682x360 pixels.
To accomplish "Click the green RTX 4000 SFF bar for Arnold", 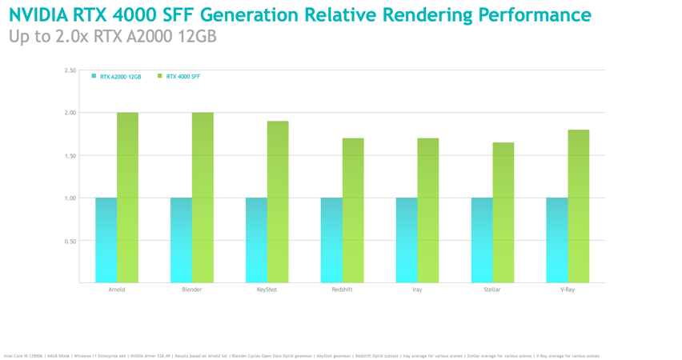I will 127,198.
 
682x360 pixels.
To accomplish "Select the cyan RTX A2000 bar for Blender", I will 181,240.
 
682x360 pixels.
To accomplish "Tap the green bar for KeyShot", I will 278,202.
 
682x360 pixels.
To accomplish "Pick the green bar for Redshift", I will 353,210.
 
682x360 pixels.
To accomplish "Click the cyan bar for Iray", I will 407,240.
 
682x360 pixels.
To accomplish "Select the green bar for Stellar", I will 503,212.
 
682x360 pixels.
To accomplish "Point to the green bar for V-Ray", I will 579,206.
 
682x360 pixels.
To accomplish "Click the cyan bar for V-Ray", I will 557,240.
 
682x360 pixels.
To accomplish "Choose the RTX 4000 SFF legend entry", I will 183,77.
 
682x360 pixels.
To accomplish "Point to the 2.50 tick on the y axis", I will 70,70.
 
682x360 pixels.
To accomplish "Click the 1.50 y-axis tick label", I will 70,156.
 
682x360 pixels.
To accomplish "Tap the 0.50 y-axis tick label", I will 70,241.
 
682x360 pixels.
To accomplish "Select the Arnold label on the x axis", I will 117,290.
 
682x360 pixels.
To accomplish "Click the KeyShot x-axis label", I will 267,290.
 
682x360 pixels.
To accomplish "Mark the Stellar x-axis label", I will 492,290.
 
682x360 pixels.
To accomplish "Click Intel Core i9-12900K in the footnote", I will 23,356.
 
